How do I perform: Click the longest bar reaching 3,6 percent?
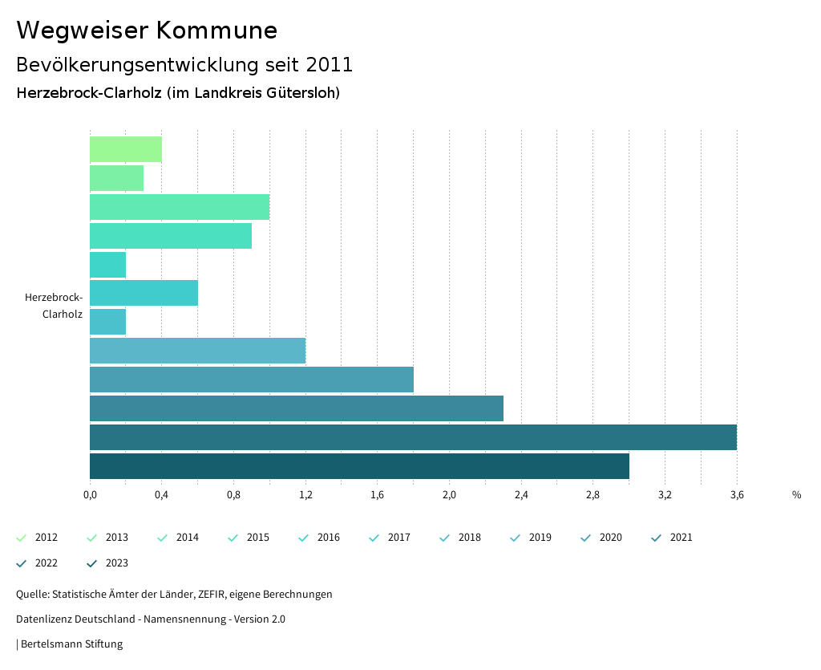click(x=413, y=437)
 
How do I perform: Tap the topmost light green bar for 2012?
click(x=126, y=149)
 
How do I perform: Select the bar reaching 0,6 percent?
click(x=144, y=293)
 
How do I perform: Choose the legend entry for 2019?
click(x=540, y=538)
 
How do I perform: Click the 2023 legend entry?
click(x=116, y=563)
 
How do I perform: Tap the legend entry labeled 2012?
click(x=46, y=538)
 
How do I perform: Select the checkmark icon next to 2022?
click(x=22, y=563)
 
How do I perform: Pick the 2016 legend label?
click(x=328, y=538)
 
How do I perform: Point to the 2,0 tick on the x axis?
click(x=449, y=494)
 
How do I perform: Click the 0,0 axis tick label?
click(x=90, y=494)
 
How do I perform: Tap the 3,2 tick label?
click(x=665, y=494)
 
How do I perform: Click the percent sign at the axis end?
click(x=796, y=494)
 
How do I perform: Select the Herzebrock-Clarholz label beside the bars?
click(x=55, y=306)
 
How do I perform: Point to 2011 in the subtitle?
click(x=330, y=64)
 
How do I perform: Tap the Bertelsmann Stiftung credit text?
click(x=71, y=644)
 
